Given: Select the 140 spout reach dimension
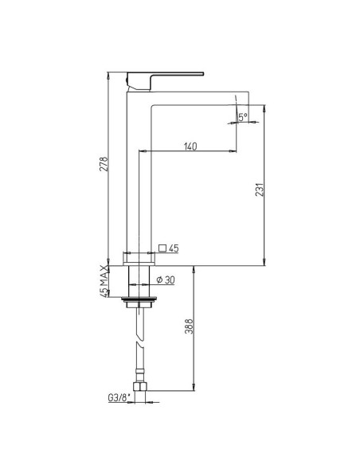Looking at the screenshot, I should pyautogui.click(x=190, y=146).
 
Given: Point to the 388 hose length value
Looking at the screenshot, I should pyautogui.click(x=187, y=329).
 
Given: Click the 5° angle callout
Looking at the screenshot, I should pyautogui.click(x=243, y=117).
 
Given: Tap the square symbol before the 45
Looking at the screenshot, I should pyautogui.click(x=163, y=248).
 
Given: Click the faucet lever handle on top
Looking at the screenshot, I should pyautogui.click(x=163, y=78).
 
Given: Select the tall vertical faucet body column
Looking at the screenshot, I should pyautogui.click(x=134, y=175).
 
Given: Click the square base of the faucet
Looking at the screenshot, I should pyautogui.click(x=140, y=257).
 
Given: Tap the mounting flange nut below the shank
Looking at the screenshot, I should pyautogui.click(x=140, y=303).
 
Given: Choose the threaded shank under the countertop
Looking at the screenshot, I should pyautogui.click(x=140, y=280).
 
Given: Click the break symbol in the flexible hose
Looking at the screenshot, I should pyautogui.click(x=140, y=347).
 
